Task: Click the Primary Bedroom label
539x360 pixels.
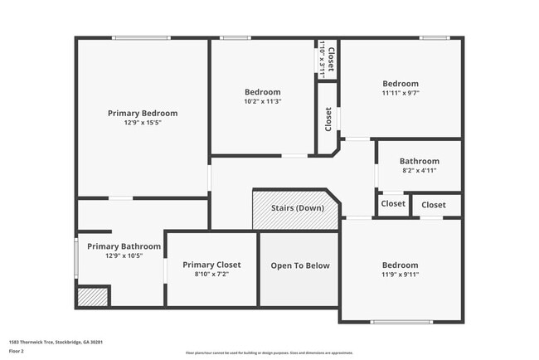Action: (x=143, y=113)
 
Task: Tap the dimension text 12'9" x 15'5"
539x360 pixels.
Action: (x=143, y=123)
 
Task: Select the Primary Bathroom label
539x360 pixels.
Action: (x=124, y=246)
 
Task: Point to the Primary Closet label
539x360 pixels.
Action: (x=211, y=265)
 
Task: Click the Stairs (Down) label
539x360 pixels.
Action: (x=298, y=207)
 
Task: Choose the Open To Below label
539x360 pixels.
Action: (x=300, y=265)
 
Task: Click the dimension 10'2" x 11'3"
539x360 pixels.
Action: (x=262, y=101)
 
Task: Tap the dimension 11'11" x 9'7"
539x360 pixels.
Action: (x=401, y=93)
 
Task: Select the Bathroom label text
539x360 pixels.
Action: (x=419, y=161)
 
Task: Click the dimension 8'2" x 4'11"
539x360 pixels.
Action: (x=419, y=170)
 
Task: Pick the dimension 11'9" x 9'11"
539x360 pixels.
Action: (x=401, y=275)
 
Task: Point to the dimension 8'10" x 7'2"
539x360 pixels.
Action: (x=211, y=274)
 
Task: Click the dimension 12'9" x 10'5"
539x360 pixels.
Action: (x=124, y=255)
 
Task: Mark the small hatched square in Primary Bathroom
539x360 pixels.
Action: (x=93, y=296)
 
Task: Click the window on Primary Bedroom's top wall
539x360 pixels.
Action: (x=142, y=37)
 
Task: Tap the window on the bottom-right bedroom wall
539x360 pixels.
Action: (x=401, y=322)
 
